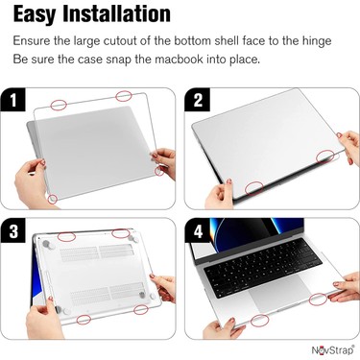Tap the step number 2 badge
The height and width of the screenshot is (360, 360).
(198, 101)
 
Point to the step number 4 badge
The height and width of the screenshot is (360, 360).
(198, 231)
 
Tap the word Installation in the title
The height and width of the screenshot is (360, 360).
(120, 13)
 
